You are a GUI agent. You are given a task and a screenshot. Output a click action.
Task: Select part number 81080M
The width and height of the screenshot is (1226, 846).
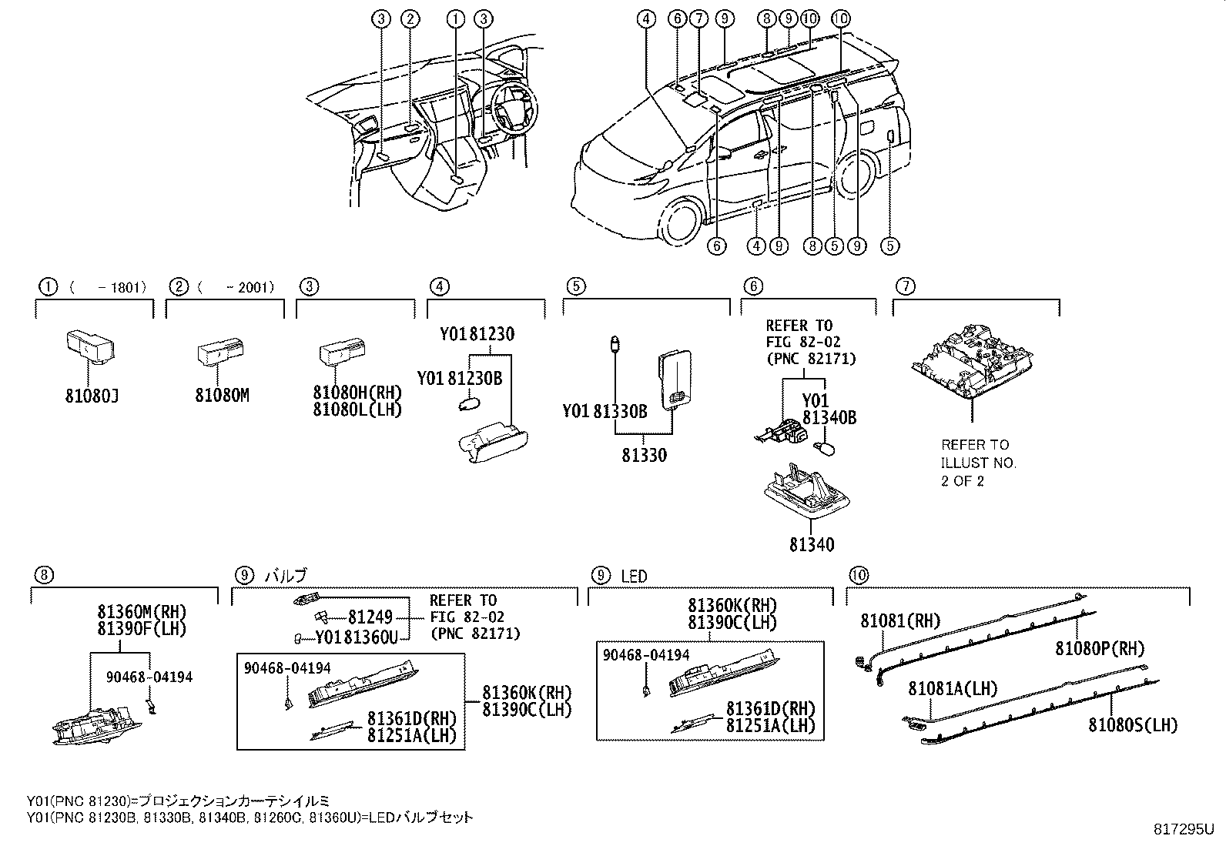click(222, 396)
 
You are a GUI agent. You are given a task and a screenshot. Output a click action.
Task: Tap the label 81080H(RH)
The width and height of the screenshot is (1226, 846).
click(357, 393)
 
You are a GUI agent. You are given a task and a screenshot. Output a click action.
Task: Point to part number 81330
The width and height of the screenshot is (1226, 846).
click(645, 455)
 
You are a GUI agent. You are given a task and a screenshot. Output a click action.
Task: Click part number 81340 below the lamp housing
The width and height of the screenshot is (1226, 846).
click(811, 545)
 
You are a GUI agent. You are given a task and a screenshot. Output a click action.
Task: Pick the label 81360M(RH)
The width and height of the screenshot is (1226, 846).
click(142, 613)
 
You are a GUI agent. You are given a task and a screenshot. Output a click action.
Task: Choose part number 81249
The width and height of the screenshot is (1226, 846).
click(370, 617)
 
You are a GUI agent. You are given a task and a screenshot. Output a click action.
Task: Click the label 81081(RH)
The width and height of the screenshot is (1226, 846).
click(900, 621)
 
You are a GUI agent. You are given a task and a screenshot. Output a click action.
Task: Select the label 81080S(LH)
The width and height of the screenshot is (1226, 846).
click(1133, 724)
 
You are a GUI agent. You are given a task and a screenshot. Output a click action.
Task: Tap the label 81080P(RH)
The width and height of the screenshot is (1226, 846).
click(1100, 649)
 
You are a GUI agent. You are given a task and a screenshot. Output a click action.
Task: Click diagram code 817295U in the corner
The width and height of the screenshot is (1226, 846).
click(1183, 829)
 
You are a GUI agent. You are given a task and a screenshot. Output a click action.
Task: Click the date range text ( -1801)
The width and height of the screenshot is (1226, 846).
click(108, 288)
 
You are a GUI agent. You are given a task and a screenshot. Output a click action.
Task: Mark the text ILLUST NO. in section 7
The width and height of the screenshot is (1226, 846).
click(978, 463)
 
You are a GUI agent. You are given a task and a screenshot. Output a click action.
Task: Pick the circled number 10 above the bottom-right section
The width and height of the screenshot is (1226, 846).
click(858, 575)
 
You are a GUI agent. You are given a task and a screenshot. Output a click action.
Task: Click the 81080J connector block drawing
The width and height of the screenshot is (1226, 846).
click(86, 346)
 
